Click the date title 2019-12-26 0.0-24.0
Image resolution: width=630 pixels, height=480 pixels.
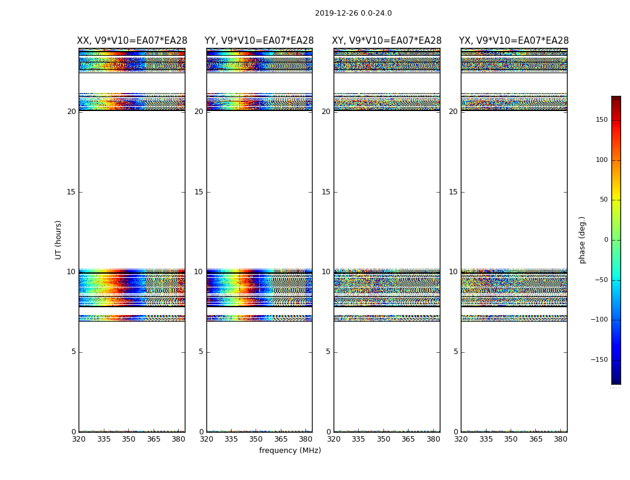click(353, 13)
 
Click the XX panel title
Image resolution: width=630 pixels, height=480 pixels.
click(132, 41)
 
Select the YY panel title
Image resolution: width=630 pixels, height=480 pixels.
click(259, 41)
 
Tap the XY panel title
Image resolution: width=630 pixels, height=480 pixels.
click(387, 41)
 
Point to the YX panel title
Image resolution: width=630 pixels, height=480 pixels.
click(514, 41)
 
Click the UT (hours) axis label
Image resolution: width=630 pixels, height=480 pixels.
click(59, 239)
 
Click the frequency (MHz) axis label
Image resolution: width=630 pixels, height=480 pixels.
click(290, 451)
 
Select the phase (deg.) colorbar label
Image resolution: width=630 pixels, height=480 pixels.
click(583, 239)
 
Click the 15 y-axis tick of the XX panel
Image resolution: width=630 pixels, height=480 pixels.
click(71, 192)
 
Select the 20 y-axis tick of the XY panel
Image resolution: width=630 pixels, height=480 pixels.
click(326, 112)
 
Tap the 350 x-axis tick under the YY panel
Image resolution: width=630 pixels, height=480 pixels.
click(256, 439)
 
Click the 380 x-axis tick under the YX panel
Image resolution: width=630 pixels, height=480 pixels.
click(560, 439)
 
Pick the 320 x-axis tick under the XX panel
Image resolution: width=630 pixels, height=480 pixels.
click(79, 439)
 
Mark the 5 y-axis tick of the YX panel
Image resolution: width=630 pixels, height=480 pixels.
click(455, 352)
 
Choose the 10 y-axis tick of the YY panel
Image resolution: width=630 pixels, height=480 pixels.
click(199, 272)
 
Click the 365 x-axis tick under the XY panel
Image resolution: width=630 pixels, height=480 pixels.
click(408, 439)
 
